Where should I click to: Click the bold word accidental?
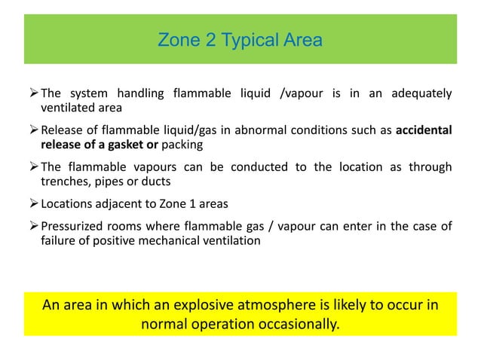click(424, 130)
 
